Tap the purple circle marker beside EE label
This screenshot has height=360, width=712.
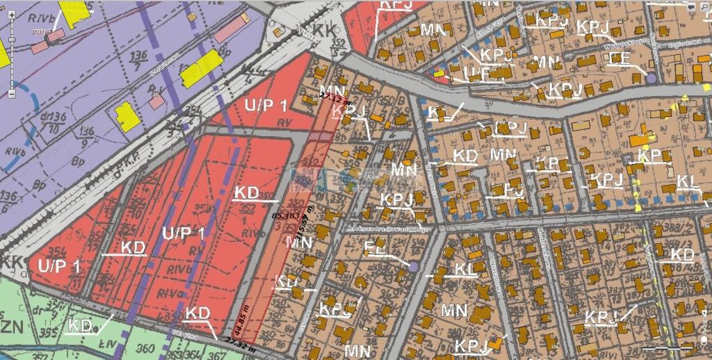click(x=651, y=79)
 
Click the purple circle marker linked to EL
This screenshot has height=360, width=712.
click(x=414, y=267)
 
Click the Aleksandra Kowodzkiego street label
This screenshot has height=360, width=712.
click(x=389, y=227)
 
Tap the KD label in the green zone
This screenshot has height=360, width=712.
click(x=81, y=325)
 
